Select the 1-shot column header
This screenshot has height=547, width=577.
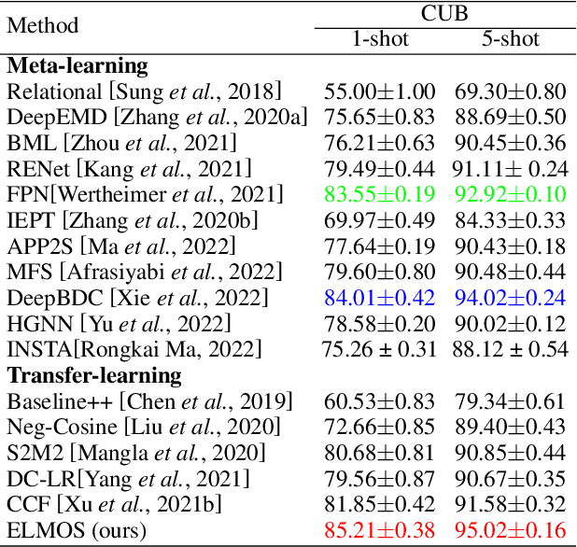point(379,40)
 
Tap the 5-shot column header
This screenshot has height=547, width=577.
point(510,40)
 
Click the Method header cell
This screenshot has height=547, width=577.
point(43,26)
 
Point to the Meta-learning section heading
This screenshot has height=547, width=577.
point(77,66)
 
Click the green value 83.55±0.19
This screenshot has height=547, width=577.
point(380,195)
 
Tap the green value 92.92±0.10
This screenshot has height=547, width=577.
point(511,195)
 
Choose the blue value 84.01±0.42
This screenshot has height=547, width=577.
point(380,299)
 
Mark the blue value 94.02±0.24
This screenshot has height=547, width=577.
point(511,299)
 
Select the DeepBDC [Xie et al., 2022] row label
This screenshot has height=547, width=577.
point(137,299)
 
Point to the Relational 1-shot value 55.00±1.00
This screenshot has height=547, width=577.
point(380,91)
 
